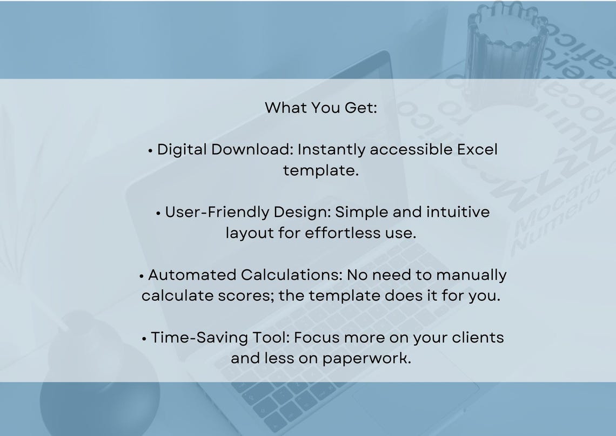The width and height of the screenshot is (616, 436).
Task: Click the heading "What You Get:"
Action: click(320, 107)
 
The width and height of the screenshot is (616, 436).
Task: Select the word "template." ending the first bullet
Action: click(321, 170)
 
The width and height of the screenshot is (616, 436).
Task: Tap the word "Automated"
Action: click(192, 275)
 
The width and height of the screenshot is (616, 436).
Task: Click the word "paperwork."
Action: click(367, 359)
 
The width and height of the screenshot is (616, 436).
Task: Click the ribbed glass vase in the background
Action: click(505, 49)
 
